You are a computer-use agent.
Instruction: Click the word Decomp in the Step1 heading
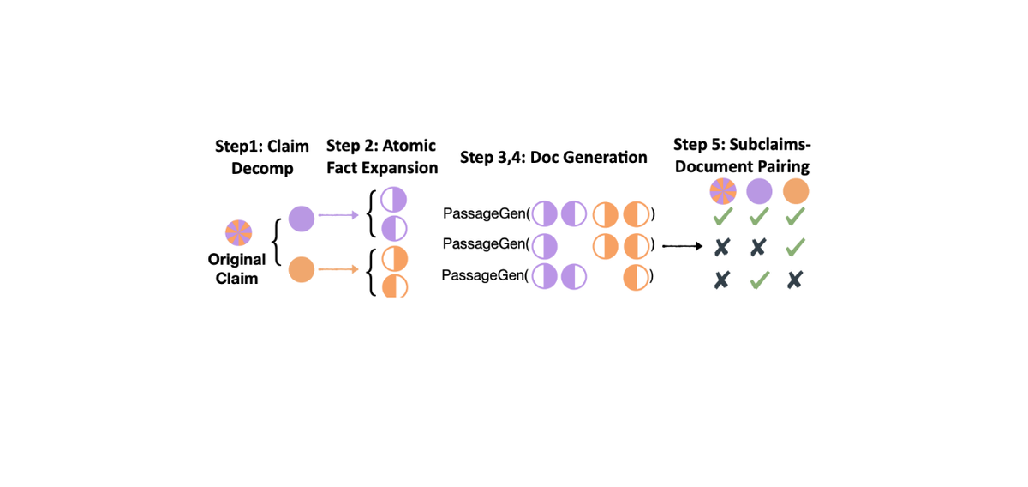[x=262, y=169]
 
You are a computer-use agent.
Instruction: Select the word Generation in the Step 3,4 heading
[x=607, y=157]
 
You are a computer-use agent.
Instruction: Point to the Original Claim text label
[x=236, y=268]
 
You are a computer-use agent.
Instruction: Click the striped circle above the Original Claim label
[x=237, y=232]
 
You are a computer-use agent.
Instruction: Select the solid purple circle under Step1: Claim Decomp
[x=302, y=219]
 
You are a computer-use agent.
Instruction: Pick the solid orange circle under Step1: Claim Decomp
[x=302, y=270]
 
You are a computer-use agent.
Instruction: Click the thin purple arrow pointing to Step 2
[x=338, y=216]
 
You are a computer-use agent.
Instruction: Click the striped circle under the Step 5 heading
[x=722, y=191]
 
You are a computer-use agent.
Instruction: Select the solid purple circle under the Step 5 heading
[x=759, y=191]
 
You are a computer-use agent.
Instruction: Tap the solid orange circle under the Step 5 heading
[x=795, y=191]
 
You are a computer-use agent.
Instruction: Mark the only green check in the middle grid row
[x=795, y=247]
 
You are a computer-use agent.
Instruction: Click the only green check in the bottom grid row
[x=759, y=280]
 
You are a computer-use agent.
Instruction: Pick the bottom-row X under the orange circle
[x=795, y=280]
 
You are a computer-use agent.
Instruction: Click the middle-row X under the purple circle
[x=759, y=247]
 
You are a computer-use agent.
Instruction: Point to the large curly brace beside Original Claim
[x=276, y=244]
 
